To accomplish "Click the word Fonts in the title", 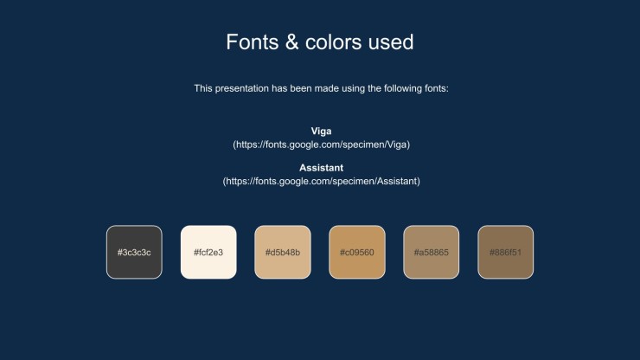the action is coord(253,42).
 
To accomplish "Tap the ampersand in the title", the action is coord(291,42).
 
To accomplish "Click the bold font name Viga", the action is coord(321,132).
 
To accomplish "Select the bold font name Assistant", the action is coord(321,168).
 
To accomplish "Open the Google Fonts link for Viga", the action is coord(321,145).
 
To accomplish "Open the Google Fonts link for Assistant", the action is coord(321,181).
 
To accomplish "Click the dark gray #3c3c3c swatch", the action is coord(134,252).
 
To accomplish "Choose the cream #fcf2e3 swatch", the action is coord(208,252).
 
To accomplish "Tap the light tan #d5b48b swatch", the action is coord(283,252).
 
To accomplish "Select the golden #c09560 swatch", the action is coord(357,252).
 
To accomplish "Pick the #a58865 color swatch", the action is coord(432,252).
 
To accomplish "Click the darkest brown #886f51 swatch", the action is coord(506,252).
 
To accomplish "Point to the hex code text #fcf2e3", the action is coord(208,253).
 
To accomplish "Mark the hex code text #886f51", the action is coord(506,253).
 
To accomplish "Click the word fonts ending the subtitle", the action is coord(437,88).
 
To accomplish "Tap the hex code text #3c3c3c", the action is coord(134,253).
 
